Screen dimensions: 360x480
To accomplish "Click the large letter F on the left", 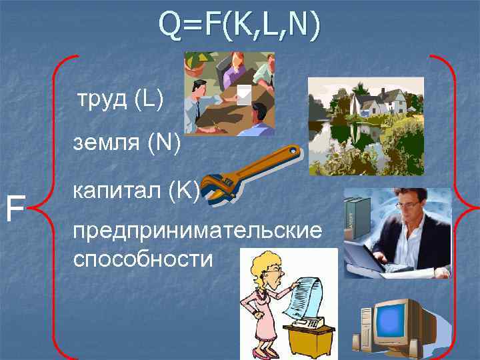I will [x=15, y=208].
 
